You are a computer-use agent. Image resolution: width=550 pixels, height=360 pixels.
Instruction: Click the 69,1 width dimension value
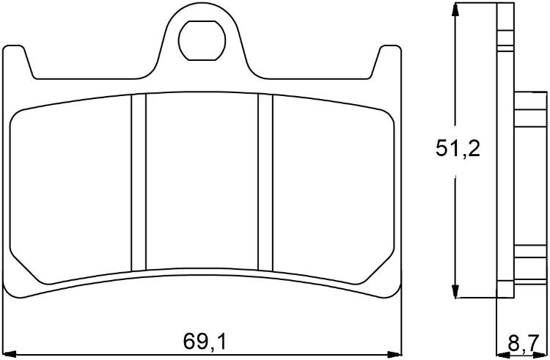pyautogui.click(x=205, y=341)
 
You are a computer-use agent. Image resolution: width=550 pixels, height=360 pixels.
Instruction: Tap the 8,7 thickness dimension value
pyautogui.click(x=522, y=342)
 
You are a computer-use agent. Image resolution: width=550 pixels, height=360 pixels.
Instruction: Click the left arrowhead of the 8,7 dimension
pyautogui.click(x=501, y=355)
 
